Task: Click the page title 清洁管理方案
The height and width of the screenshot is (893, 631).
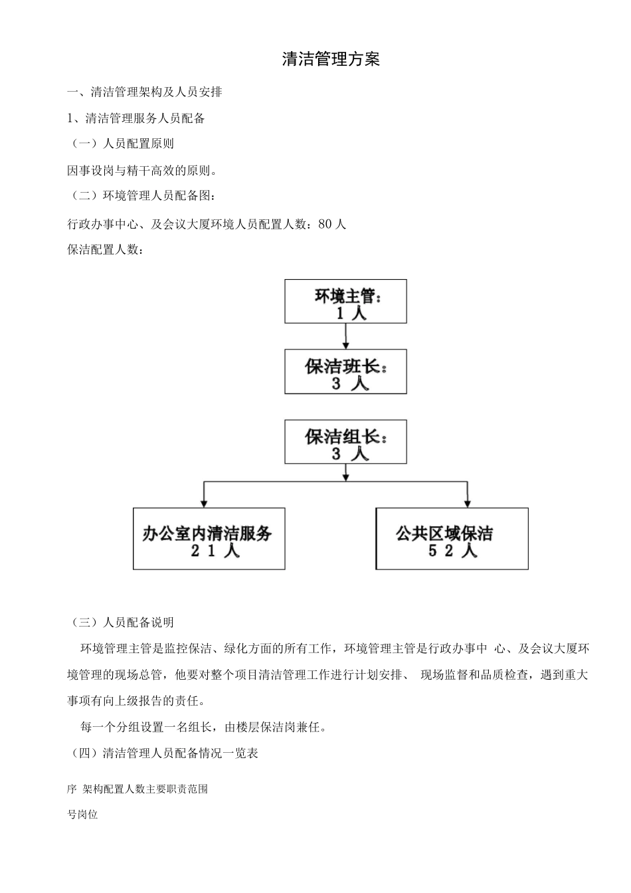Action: (x=331, y=60)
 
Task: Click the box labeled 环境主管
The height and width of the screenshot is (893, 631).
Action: (x=345, y=302)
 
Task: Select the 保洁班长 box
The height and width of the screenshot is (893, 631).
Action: (x=345, y=372)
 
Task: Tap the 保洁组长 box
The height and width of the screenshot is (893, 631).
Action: (x=345, y=442)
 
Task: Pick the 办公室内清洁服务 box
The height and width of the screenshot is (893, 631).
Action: (x=209, y=539)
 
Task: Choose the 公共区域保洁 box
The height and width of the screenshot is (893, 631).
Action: (x=452, y=539)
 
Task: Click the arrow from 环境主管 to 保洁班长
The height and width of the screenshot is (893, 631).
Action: (x=345, y=337)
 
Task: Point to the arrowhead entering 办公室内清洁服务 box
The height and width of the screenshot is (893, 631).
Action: (x=203, y=503)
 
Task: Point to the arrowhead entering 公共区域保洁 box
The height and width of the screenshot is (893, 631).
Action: (x=468, y=503)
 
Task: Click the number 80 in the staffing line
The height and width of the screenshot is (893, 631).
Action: (x=325, y=225)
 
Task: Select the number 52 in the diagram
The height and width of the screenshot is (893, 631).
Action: (x=442, y=551)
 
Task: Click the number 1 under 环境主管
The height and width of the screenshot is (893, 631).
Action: (x=340, y=314)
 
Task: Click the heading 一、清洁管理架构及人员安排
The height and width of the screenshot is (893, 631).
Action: (x=145, y=92)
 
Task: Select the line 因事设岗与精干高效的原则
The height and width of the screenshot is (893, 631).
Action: (x=142, y=171)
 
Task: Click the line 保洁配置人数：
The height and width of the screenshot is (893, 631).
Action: (x=105, y=250)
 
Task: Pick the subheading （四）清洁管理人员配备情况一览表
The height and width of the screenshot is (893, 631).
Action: (x=164, y=753)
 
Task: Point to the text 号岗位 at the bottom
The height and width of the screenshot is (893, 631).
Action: (x=82, y=815)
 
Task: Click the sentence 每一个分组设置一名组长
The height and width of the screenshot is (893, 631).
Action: (x=203, y=728)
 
